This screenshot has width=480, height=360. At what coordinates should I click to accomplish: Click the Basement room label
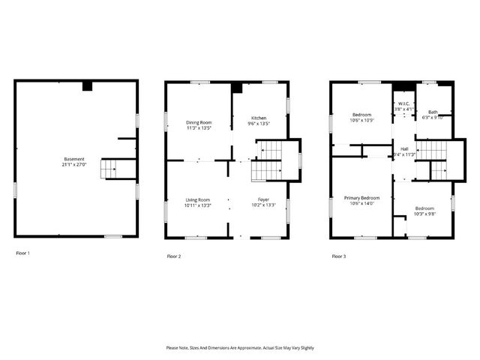75,159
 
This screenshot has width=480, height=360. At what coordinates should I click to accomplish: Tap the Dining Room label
199,122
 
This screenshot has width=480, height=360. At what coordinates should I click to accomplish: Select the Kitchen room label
259,118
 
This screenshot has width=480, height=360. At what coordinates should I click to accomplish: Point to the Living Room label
199,199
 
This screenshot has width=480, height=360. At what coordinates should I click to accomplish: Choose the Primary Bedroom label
361,198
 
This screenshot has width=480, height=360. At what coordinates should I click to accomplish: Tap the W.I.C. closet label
404,104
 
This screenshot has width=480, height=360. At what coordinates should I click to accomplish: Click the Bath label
433,112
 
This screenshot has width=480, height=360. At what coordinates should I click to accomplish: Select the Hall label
404,149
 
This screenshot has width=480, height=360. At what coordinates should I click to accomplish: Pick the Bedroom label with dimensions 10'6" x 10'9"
361,115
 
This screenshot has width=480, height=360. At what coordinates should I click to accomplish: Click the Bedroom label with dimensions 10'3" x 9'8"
424,208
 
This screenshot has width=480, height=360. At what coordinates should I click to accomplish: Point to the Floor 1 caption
23,253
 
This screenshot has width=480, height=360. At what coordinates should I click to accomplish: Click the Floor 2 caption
174,256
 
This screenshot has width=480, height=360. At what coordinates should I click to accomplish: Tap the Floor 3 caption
339,256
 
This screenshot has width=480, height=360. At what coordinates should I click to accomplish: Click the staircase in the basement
109,169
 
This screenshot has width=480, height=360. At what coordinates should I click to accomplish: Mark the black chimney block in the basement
87,86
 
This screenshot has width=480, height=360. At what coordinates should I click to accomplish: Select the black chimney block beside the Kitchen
237,88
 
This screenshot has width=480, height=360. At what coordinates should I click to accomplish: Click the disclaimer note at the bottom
240,348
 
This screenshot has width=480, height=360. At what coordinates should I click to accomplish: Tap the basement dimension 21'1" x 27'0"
75,164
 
